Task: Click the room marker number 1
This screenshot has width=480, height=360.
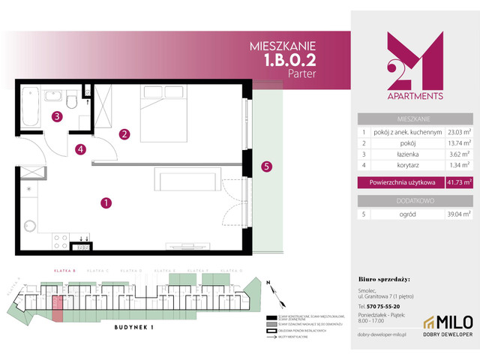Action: [106, 202]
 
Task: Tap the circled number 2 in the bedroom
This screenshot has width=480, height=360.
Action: [125, 135]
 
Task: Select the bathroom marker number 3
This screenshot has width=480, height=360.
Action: [57, 116]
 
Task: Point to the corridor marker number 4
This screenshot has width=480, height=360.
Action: [80, 148]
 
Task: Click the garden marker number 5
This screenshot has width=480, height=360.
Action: [265, 166]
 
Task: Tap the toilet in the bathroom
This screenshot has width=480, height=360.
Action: [70, 99]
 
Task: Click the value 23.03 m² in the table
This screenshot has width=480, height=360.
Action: [456, 131]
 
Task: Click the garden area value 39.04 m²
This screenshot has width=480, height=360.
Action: [456, 214]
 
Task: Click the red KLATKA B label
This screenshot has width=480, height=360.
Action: [59, 269]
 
